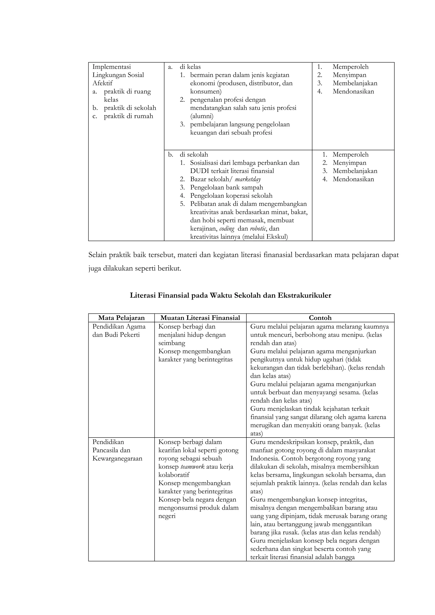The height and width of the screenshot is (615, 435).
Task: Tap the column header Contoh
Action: tap(320, 318)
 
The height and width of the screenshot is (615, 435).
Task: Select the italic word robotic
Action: tap(258, 228)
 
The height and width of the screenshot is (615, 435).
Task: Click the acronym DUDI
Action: tap(199, 171)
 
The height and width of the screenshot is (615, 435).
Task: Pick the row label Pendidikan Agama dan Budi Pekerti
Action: tap(119, 331)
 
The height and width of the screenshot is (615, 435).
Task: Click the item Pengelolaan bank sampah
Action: tap(226, 187)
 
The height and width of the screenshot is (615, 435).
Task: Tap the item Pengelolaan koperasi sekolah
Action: tap(231, 196)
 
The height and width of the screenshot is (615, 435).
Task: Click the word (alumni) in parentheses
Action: tap(202, 116)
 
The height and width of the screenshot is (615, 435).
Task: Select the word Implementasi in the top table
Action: tap(112, 67)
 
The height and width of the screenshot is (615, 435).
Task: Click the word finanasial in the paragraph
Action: tap(278, 255)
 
